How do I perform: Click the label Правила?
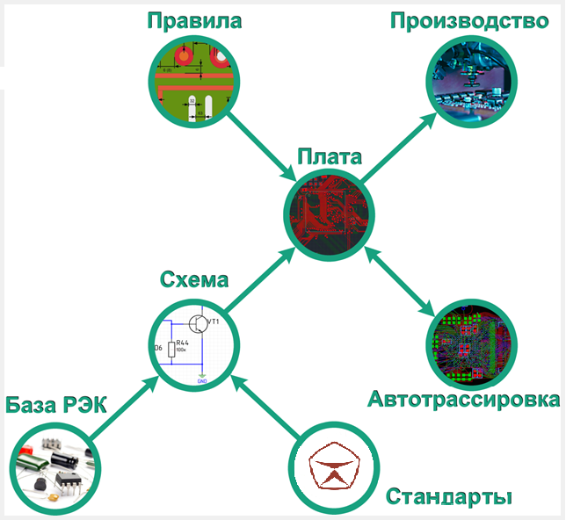tap(193, 19)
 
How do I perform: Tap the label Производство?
tap(469, 19)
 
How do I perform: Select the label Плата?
tap(329, 158)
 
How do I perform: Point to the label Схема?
tap(194, 280)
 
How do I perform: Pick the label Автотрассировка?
tap(463, 401)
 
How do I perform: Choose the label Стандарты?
tap(449, 496)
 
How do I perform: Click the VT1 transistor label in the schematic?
tap(214, 322)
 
